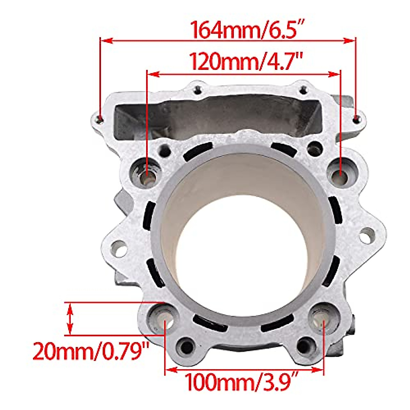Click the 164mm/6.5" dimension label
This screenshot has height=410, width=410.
(x=247, y=30)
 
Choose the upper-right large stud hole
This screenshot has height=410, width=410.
(x=341, y=173)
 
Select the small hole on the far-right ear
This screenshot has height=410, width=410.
(x=367, y=236)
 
